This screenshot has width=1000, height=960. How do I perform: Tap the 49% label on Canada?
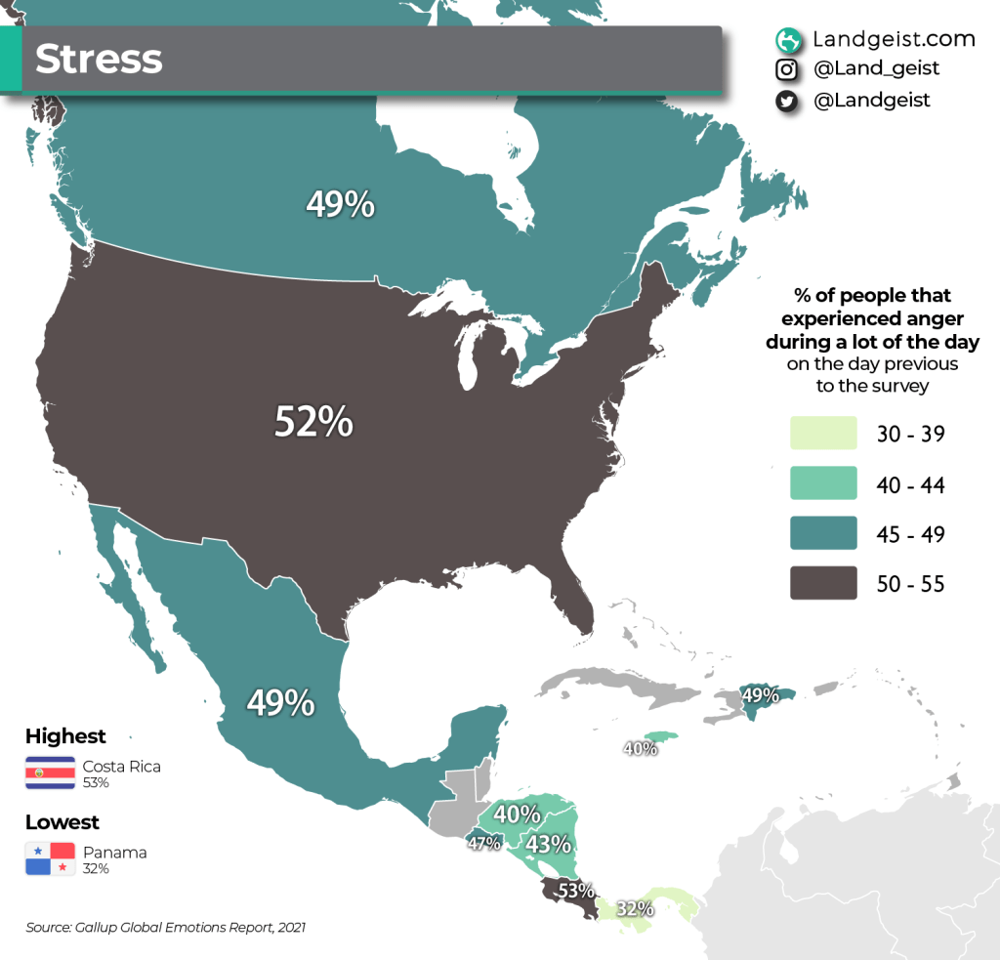340,204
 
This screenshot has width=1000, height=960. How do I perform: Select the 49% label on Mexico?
280,702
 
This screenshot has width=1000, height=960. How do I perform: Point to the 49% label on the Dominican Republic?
760,695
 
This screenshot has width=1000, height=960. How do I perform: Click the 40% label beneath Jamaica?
641,749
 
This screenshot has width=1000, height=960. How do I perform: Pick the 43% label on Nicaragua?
548,844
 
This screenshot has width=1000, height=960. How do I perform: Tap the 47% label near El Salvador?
483,844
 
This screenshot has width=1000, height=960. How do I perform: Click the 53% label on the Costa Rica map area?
576,890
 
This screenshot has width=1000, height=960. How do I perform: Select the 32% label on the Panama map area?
635,908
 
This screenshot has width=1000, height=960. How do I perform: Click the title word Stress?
99,60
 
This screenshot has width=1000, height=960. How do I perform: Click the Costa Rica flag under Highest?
50,773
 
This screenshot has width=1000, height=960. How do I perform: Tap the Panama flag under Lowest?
50,858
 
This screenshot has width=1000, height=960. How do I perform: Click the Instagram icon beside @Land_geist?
786,69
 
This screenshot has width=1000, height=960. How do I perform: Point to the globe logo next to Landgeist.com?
788,39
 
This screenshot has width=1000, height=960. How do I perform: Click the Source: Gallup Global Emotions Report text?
165,927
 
